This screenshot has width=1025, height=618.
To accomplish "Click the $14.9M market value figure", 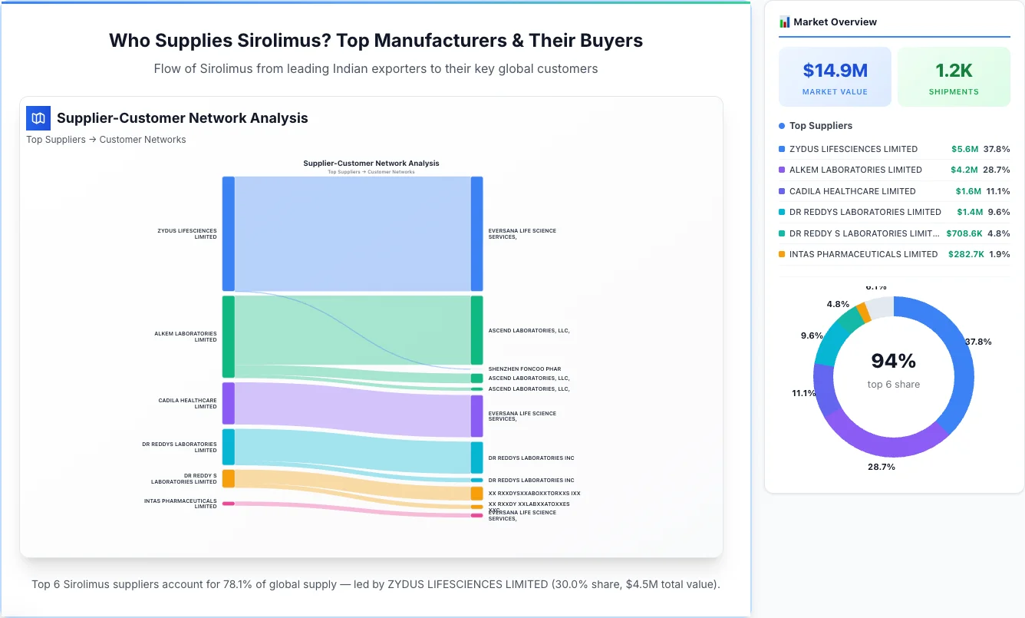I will point(835,71).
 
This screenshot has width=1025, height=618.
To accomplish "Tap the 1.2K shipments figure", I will point(954,71).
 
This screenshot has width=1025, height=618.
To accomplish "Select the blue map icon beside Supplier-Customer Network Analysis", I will point(38,118).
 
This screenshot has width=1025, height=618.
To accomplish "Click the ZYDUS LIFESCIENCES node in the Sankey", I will point(228,233).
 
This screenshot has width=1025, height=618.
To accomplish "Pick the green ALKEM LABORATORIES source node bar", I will point(228,336).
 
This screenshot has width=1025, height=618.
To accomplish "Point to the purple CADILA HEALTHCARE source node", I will point(228,403).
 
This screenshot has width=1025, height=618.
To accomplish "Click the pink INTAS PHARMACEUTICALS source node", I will point(228,504).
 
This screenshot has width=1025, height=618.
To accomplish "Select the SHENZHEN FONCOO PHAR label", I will point(524,369).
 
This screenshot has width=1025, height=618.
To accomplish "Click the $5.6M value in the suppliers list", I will point(964,149).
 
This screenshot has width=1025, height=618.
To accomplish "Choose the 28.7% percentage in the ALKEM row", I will point(997,170).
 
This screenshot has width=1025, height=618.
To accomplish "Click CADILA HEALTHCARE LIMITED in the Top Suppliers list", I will point(852,191).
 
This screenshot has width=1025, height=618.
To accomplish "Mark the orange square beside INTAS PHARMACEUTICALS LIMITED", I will point(782,254).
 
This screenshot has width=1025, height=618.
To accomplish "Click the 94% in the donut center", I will point(893,361).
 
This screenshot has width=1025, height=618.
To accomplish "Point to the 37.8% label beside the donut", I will point(977,342).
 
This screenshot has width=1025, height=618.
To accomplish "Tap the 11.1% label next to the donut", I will point(803,393).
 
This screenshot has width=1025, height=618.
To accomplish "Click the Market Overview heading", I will point(835,22).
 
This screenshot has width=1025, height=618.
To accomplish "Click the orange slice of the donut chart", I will point(863,312).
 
